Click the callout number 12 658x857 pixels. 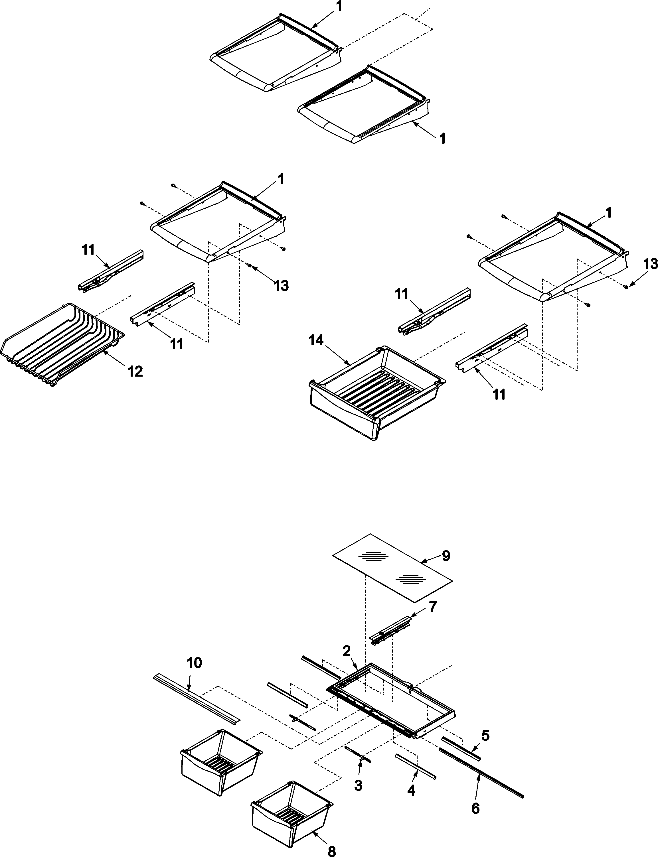135,371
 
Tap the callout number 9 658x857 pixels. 446,556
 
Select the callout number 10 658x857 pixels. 194,663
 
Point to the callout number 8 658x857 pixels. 331,849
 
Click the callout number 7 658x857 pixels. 432,607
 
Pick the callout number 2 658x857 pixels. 346,651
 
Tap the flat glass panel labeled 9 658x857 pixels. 392,568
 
